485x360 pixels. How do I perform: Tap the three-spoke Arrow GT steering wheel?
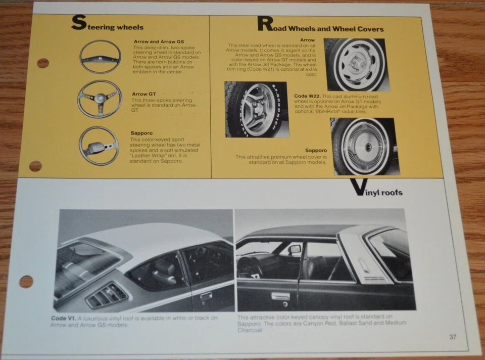99,99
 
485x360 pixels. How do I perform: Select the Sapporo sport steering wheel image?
99,146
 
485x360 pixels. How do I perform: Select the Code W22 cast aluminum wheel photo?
257,109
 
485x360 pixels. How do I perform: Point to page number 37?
452,337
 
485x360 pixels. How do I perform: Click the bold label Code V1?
63,318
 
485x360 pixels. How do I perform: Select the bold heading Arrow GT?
143,94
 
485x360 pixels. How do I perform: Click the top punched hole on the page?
43,63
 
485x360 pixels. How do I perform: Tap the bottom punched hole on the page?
26,282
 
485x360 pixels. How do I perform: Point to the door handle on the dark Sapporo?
280,296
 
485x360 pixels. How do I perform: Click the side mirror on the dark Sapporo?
295,249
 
